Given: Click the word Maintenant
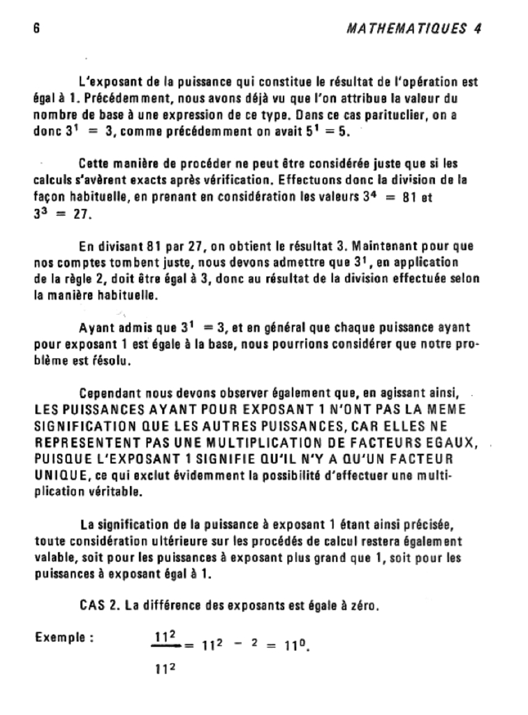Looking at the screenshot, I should pos(386,247).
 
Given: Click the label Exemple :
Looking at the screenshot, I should pos(64,637).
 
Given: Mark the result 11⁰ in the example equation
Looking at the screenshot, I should pos(297,646).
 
